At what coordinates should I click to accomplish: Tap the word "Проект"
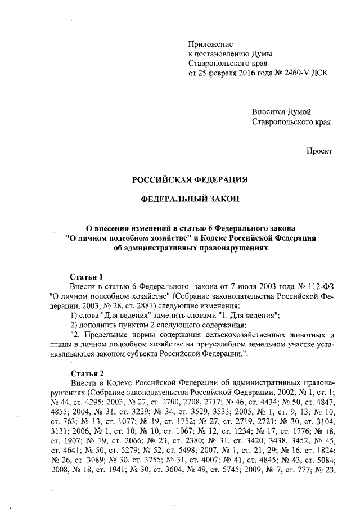(x=319, y=151)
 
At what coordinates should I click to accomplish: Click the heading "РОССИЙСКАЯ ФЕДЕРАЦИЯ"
(x=190, y=180)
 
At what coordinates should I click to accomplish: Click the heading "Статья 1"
(x=86, y=277)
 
